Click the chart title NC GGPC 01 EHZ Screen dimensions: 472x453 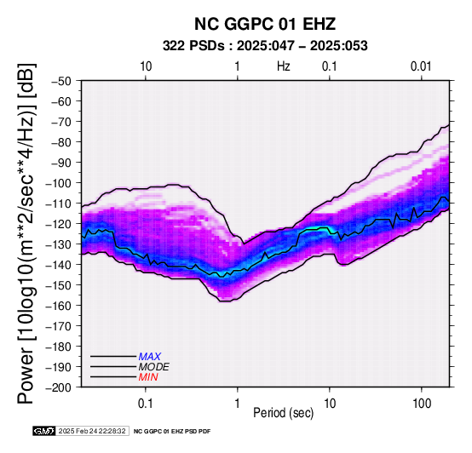pyautogui.click(x=265, y=24)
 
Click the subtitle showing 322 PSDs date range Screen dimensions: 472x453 pyautogui.click(x=265, y=46)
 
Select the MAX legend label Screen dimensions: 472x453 pyautogui.click(x=150, y=357)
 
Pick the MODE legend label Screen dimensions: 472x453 pyautogui.click(x=154, y=367)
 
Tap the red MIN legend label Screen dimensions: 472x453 pyautogui.click(x=148, y=377)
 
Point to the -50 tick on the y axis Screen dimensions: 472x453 pyautogui.click(x=61, y=81)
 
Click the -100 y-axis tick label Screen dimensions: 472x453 pyautogui.click(x=59, y=183)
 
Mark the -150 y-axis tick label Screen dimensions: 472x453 pyautogui.click(x=59, y=285)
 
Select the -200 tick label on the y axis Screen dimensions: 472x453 pyautogui.click(x=59, y=387)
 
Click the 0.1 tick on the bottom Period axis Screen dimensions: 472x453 pyautogui.click(x=146, y=404)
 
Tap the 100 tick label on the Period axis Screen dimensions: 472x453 pyautogui.click(x=422, y=404)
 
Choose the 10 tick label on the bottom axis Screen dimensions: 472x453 pyautogui.click(x=330, y=404)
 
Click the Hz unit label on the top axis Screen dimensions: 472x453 pyautogui.click(x=284, y=66)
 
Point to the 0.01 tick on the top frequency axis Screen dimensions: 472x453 pyautogui.click(x=421, y=66)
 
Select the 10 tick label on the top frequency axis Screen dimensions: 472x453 pyautogui.click(x=146, y=66)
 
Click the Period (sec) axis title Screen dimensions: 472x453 pyautogui.click(x=284, y=413)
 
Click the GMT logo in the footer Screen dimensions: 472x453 pyautogui.click(x=44, y=431)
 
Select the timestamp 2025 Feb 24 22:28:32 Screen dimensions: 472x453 pyautogui.click(x=92, y=431)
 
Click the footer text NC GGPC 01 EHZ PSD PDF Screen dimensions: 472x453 pyautogui.click(x=172, y=432)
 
